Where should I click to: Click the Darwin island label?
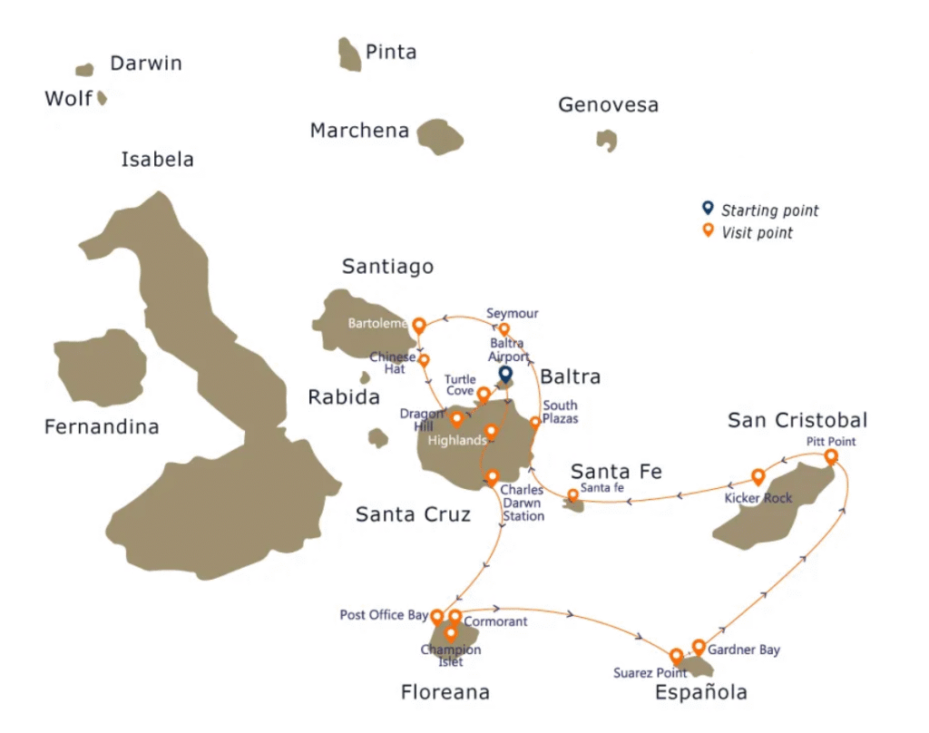pos(145,64)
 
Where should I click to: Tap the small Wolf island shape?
pos(103,97)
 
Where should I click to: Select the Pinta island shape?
pos(349,54)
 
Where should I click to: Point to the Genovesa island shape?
pos(606,140)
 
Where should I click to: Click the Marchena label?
pos(359,131)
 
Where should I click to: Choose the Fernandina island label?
pos(102,426)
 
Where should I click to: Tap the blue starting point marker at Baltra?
pos(505,373)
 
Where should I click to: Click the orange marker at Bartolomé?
pos(419,324)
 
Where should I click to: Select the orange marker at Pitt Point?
pos(830,456)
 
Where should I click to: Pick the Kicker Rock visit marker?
pos(758,476)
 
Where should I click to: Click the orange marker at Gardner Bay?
pos(699,646)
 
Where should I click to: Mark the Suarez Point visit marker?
pos(676,655)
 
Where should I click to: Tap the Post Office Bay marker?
pos(437,616)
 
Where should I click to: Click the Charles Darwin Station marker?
pos(493,476)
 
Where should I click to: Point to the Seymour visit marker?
pos(504,328)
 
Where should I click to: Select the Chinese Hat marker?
pos(424,359)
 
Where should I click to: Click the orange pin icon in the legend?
pos(708,231)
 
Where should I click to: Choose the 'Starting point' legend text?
pos(769,210)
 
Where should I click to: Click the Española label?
pos(701,693)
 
